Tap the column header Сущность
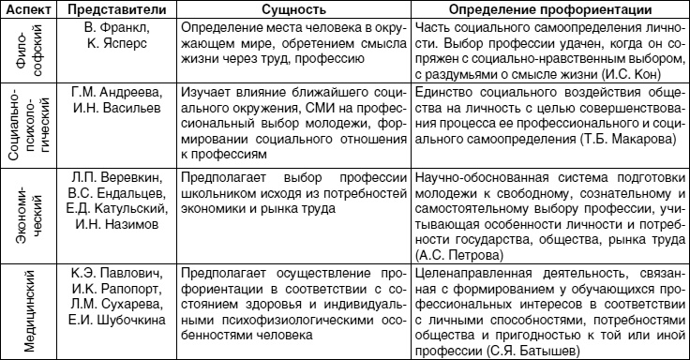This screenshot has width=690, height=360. [297, 8]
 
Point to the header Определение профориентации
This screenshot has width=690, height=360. [555, 8]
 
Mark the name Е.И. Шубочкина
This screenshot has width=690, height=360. [120, 322]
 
